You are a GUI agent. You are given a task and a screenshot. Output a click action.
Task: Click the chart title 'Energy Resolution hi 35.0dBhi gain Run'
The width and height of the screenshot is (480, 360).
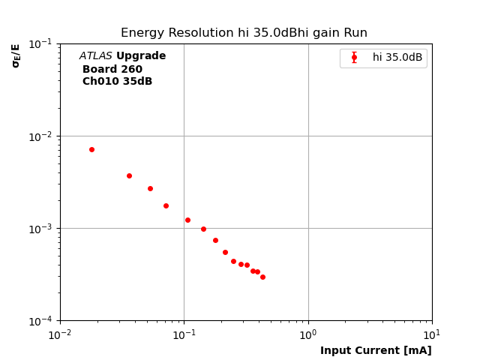click(x=244, y=33)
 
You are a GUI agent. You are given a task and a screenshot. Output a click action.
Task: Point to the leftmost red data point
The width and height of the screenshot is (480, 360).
click(x=91, y=149)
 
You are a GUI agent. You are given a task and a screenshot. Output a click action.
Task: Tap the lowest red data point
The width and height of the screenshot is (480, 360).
click(x=262, y=277)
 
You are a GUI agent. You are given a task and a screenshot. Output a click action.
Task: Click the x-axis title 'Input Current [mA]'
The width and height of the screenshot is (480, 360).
click(x=376, y=350)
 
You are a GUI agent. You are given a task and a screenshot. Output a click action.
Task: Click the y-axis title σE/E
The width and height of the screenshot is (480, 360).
click(x=16, y=55)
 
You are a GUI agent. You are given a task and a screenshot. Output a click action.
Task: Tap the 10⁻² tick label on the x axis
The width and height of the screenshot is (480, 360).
click(x=60, y=334)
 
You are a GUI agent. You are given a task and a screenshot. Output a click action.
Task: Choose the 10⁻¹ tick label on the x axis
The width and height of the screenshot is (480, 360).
click(x=184, y=334)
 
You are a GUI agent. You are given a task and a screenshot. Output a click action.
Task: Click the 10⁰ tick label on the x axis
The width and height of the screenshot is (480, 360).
click(x=308, y=334)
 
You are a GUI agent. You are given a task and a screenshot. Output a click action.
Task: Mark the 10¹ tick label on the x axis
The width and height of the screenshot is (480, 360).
click(x=432, y=334)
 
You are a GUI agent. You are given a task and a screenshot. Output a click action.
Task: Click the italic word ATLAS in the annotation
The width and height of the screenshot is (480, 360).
click(x=96, y=56)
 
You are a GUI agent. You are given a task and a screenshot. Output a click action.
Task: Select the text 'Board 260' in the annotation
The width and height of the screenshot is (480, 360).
click(x=112, y=69)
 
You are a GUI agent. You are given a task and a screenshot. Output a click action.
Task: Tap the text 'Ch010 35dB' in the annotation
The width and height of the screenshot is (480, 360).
click(x=117, y=82)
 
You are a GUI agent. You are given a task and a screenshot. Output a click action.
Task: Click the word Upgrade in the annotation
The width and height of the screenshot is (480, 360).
click(x=141, y=56)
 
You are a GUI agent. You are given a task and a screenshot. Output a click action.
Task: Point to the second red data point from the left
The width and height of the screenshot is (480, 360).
click(x=129, y=175)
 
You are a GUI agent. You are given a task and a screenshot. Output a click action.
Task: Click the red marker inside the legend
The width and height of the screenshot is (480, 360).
click(x=354, y=58)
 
